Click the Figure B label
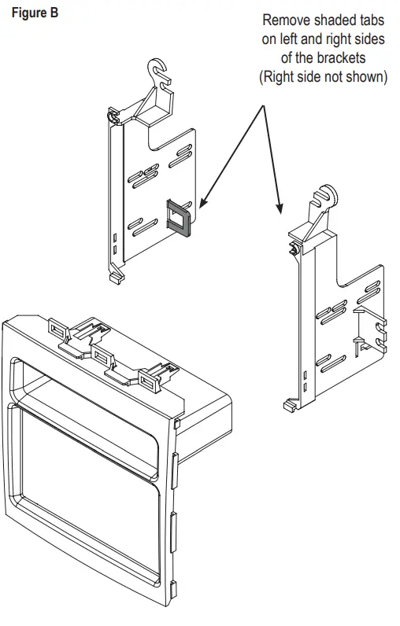coord(35,13)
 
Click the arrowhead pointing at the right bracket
coord(279,208)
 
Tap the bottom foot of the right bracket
coord(289,407)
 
